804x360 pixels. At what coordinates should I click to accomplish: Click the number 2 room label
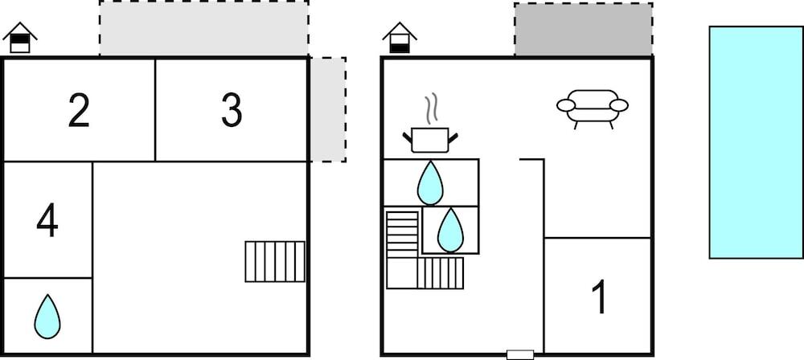click(x=79, y=111)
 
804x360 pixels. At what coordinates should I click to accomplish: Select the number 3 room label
click(x=232, y=111)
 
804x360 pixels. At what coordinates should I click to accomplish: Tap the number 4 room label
click(x=47, y=220)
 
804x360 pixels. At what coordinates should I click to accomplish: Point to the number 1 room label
click(x=599, y=297)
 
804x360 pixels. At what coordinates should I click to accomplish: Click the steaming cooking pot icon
click(x=430, y=138)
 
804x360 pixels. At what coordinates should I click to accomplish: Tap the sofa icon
click(x=593, y=108)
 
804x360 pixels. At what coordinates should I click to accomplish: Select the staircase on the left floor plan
click(x=275, y=261)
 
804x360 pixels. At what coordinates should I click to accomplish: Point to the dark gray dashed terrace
click(x=583, y=30)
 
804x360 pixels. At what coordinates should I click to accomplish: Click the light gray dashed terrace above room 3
click(x=204, y=28)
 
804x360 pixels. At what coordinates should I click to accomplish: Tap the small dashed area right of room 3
click(x=328, y=109)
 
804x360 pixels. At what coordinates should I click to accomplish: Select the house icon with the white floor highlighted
click(x=20, y=38)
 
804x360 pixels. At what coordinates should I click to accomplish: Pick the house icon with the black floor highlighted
click(x=400, y=38)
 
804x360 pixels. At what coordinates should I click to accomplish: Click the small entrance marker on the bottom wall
click(x=520, y=354)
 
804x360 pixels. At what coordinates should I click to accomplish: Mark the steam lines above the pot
click(x=432, y=107)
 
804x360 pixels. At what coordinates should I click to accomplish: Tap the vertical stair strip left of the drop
click(x=403, y=233)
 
